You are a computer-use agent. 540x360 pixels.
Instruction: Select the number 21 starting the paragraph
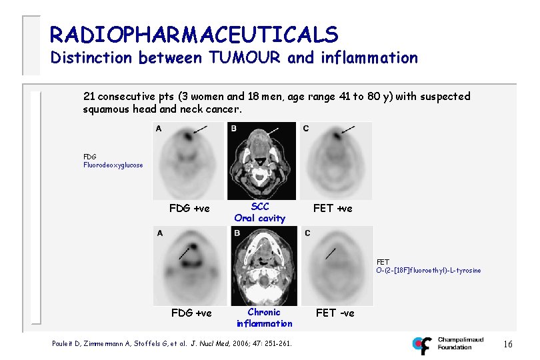[x=89, y=97]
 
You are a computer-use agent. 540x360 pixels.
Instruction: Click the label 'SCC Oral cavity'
[x=259, y=212]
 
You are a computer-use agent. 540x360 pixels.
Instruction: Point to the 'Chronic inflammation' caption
[x=264, y=317]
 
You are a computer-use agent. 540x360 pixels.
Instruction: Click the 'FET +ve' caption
[x=333, y=209]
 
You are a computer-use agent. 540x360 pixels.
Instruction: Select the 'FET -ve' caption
[x=335, y=313]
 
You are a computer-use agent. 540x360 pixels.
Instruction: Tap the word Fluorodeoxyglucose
[x=113, y=165]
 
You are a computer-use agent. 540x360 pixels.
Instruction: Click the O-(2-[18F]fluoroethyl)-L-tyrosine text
[x=428, y=270]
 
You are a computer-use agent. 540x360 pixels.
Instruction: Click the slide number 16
[x=508, y=344]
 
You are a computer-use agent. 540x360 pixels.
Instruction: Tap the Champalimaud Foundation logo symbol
[x=422, y=345]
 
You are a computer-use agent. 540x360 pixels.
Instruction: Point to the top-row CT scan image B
[x=260, y=161]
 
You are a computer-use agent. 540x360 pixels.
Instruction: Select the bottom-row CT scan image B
[x=263, y=267]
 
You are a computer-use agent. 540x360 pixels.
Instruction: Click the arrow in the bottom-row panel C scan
[x=329, y=253]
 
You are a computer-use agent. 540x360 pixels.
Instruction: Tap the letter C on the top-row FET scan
[x=305, y=128]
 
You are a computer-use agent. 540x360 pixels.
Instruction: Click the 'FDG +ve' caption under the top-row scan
[x=189, y=209]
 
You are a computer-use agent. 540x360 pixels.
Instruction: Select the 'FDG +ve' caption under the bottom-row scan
[x=191, y=313]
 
